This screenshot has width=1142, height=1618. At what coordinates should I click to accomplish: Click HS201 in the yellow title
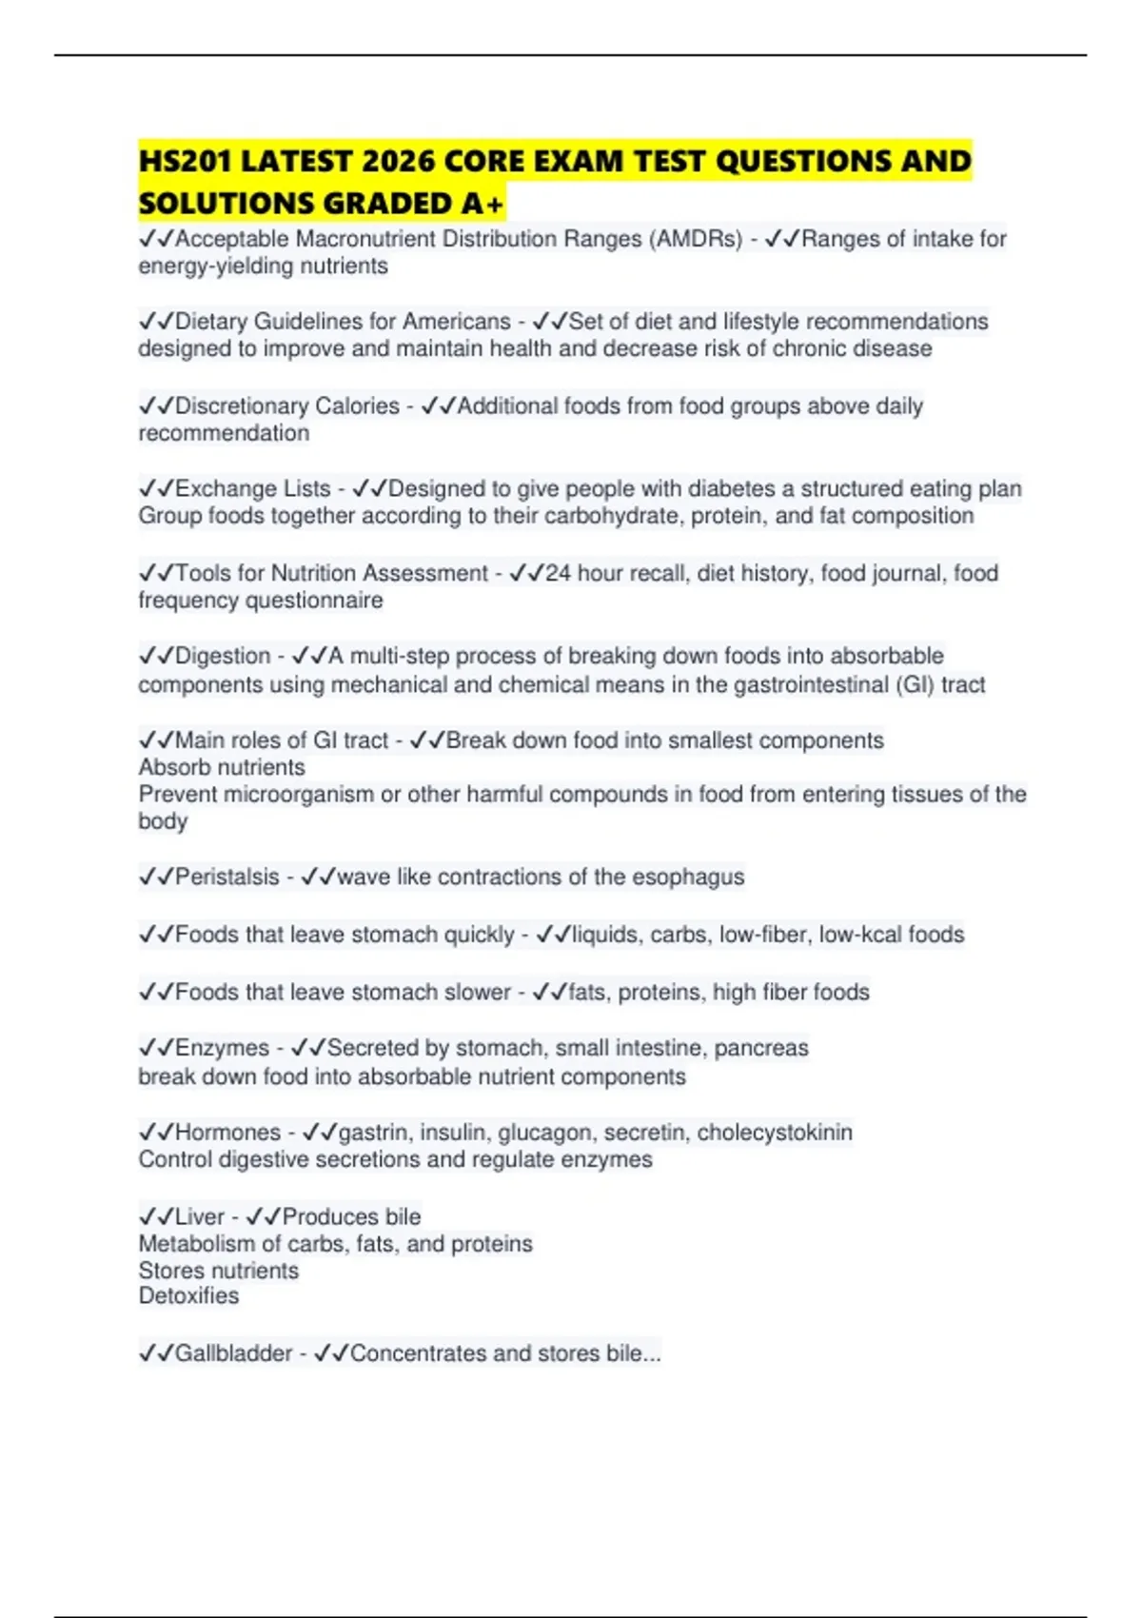(x=185, y=162)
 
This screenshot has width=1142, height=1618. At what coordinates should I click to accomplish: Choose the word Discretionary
(x=240, y=405)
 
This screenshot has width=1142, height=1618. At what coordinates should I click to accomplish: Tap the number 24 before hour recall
(x=558, y=573)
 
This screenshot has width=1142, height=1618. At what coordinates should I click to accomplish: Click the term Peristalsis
(x=227, y=877)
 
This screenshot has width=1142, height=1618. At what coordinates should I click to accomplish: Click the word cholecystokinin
(x=775, y=1133)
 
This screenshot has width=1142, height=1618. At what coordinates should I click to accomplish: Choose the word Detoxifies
(x=188, y=1296)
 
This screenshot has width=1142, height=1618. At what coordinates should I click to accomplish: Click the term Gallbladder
(x=233, y=1353)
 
